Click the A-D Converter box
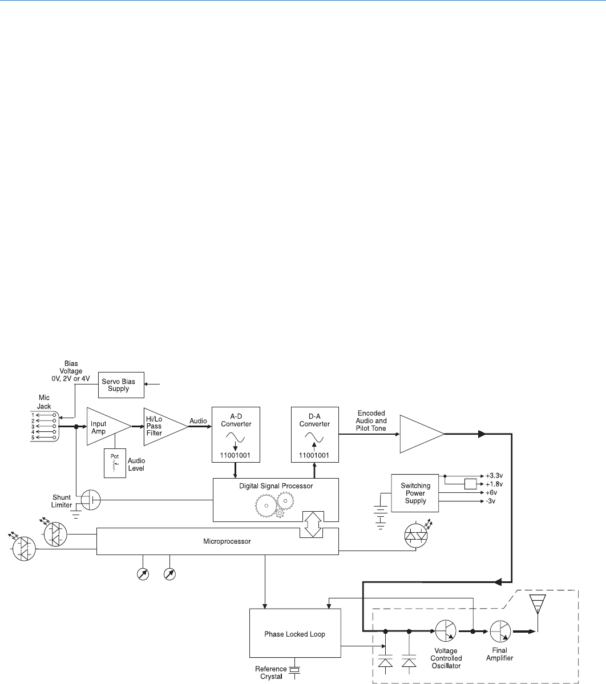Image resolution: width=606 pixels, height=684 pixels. pyautogui.click(x=236, y=435)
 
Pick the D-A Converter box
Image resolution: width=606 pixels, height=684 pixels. pyautogui.click(x=314, y=435)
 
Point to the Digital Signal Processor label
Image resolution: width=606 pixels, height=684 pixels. pyautogui.click(x=276, y=486)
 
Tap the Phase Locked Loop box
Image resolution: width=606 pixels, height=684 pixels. pyautogui.click(x=295, y=634)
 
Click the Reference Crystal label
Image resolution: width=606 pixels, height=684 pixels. pyautogui.click(x=271, y=673)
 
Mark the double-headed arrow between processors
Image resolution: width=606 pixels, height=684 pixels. pyautogui.click(x=312, y=524)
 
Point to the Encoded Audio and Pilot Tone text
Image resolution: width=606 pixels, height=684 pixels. pyautogui.click(x=371, y=421)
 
